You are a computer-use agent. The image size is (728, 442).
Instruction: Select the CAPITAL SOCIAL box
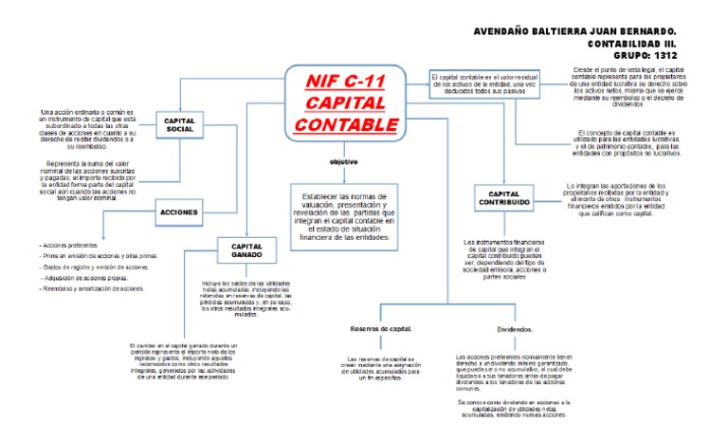[180, 125]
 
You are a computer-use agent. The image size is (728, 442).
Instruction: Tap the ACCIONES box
[179, 212]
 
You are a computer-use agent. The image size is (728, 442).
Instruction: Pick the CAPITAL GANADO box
[246, 250]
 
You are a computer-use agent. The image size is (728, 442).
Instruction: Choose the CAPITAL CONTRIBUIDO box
[503, 198]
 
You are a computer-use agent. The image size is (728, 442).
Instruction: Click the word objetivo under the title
[343, 162]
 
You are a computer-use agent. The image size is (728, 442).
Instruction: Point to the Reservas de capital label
[381, 328]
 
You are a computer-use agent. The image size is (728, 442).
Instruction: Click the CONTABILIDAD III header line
[643, 44]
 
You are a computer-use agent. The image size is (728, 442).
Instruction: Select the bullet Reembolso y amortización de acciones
[93, 288]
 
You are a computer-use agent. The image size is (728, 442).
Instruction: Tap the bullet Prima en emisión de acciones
[98, 256]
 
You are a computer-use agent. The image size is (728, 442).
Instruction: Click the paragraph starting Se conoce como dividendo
[512, 407]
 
